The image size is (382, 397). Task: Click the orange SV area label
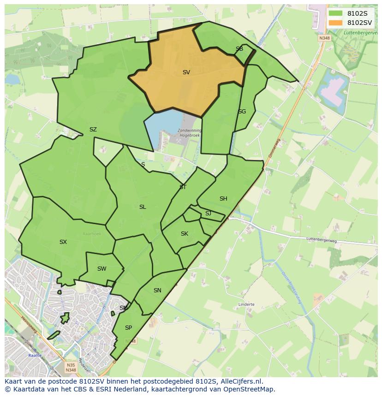click(x=186, y=72)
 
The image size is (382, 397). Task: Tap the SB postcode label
click(x=239, y=49)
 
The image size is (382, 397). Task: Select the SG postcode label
click(x=242, y=112)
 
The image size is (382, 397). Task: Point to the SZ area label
click(x=93, y=130)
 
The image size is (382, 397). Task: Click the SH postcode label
click(x=223, y=199)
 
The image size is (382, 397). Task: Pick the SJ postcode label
click(x=208, y=213)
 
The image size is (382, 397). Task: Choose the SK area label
click(x=185, y=234)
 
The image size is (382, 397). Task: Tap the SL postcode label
click(x=143, y=207)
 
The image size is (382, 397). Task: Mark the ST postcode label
click(x=183, y=187)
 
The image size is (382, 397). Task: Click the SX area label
click(x=63, y=242)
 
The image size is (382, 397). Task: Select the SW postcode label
click(x=101, y=269)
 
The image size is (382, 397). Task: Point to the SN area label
click(x=157, y=290)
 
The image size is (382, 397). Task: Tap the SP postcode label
click(x=128, y=328)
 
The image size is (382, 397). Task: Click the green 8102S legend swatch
click(x=335, y=13)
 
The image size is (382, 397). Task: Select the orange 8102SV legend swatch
click(x=335, y=23)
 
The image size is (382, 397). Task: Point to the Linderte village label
click(x=247, y=304)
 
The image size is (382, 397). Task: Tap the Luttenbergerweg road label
click(x=322, y=240)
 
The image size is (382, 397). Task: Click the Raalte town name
click(x=35, y=356)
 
